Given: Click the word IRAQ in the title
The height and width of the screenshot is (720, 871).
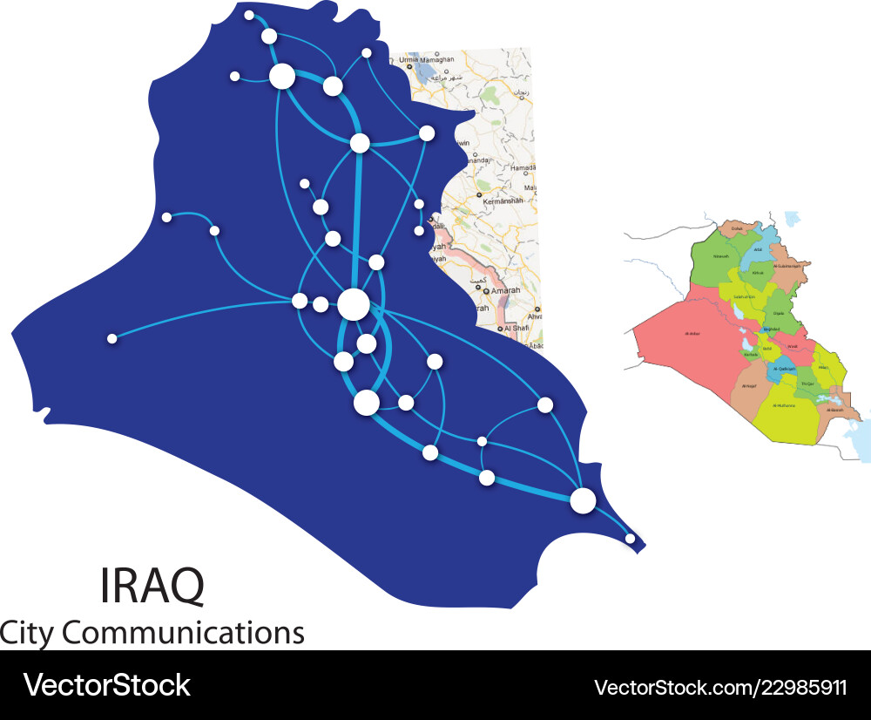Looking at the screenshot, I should [x=153, y=586].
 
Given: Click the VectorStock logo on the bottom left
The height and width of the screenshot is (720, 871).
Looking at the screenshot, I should [x=106, y=684].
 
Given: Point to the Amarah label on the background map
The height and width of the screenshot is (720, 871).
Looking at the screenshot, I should [x=510, y=290].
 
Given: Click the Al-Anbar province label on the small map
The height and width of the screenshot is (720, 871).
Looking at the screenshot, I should [x=693, y=333].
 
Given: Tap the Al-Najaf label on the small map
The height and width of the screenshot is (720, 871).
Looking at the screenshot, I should [x=749, y=384].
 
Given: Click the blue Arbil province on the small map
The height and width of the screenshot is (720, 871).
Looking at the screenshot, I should [x=758, y=249].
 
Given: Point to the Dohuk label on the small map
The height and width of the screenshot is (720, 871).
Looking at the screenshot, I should [x=736, y=228].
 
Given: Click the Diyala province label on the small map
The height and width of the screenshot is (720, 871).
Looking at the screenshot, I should [x=778, y=313].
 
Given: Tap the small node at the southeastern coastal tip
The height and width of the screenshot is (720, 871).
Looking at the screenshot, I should [x=631, y=539].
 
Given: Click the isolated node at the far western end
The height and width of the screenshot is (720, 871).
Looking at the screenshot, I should [x=111, y=338].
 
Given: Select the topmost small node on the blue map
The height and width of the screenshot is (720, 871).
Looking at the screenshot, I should [x=249, y=15].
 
